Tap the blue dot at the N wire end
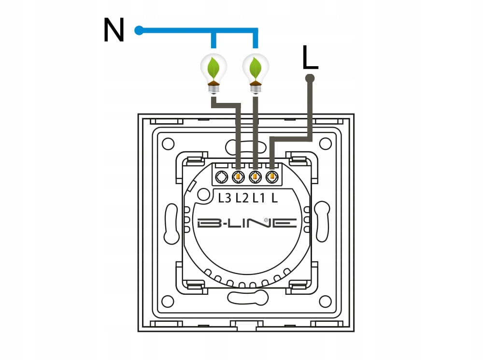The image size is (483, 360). [139, 30]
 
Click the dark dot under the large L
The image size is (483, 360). [310, 78]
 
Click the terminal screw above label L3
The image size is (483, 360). [222, 177]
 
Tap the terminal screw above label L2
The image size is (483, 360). [238, 177]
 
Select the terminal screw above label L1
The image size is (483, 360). [255, 177]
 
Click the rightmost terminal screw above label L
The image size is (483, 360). [272, 177]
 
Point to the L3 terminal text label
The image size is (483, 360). [225, 198]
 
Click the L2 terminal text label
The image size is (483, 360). [242, 198]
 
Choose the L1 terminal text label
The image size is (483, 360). [259, 198]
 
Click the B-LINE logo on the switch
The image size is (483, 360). [247, 223]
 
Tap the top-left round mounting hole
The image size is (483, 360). [168, 144]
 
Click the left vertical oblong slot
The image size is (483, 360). [171, 223]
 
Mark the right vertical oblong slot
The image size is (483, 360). [322, 223]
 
